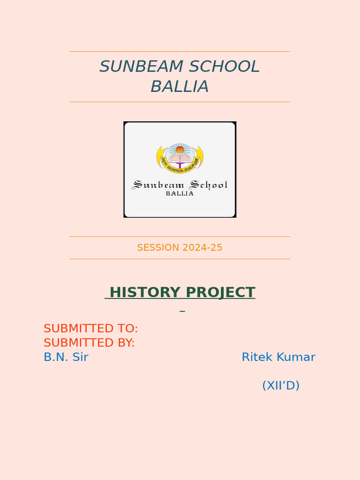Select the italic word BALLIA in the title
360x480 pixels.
coord(180,87)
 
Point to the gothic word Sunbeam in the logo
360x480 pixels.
coord(157,185)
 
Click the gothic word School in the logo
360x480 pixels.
coord(208,185)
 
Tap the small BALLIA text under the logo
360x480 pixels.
coord(180,194)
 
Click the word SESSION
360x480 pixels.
coord(158,247)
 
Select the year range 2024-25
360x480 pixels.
coord(202,247)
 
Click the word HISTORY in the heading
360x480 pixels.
coord(144,292)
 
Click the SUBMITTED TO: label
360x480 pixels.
coord(90,328)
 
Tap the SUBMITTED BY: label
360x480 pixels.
coord(89,343)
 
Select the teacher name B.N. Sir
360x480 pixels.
coord(66,357)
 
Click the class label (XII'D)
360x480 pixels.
coord(281,385)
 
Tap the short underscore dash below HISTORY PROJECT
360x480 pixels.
coord(182,311)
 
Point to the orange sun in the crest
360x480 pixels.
coord(180,150)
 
